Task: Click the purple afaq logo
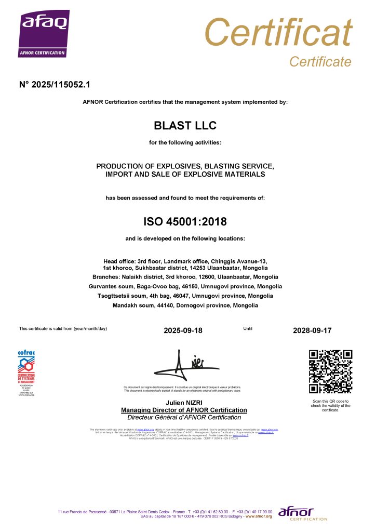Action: click(44, 34)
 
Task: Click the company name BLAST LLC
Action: click(185, 126)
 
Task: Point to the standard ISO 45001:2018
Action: click(185, 222)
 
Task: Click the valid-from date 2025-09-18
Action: click(183, 330)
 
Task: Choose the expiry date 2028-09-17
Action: click(312, 330)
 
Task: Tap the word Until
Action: click(248, 328)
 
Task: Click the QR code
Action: click(330, 371)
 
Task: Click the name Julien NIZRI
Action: click(184, 403)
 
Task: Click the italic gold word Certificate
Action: click(320, 62)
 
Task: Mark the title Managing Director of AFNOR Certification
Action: click(184, 410)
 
